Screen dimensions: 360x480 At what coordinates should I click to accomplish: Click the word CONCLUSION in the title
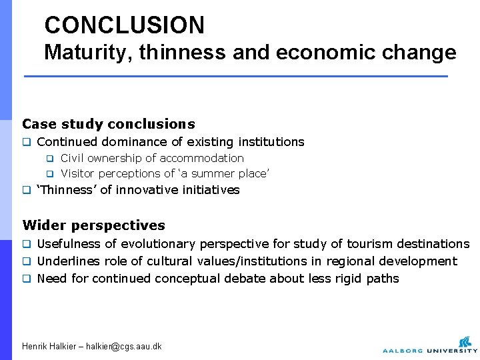pyautogui.click(x=124, y=25)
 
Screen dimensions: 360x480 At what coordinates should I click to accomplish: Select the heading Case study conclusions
pyautogui.click(x=109, y=124)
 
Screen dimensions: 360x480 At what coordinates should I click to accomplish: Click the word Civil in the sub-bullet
pyautogui.click(x=73, y=158)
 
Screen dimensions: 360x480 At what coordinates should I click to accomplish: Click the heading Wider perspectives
pyautogui.click(x=93, y=225)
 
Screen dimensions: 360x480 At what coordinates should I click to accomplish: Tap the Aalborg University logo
pyautogui.click(x=429, y=343)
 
